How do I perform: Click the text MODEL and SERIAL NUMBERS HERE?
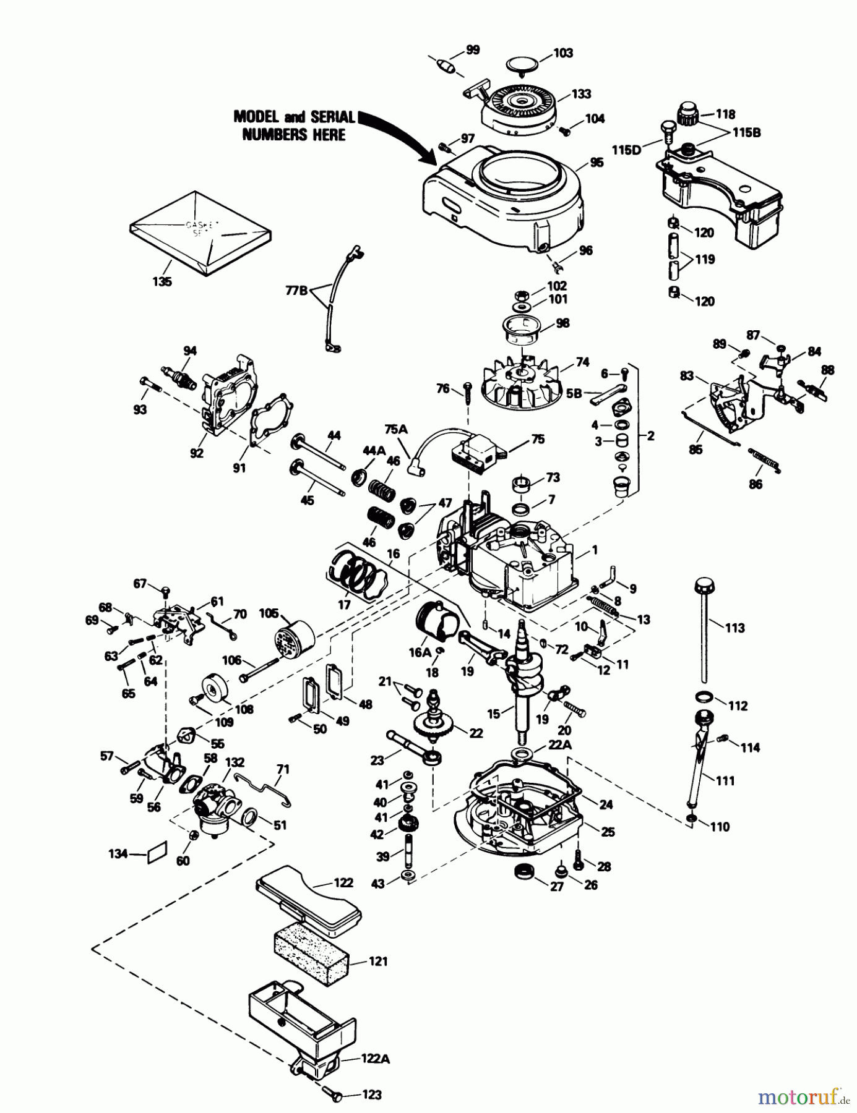[293, 126]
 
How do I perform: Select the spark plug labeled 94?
[179, 375]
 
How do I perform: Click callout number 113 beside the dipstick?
[734, 628]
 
